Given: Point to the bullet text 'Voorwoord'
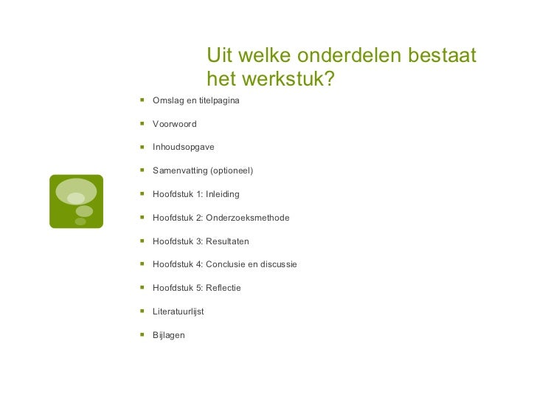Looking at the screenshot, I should [174, 123].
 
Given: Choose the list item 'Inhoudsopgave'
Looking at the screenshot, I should [183, 147].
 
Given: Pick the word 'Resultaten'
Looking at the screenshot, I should [228, 241].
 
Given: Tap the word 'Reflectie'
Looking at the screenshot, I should [224, 288].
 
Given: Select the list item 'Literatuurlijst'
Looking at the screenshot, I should [178, 311].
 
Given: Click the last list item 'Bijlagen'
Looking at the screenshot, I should [168, 335].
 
